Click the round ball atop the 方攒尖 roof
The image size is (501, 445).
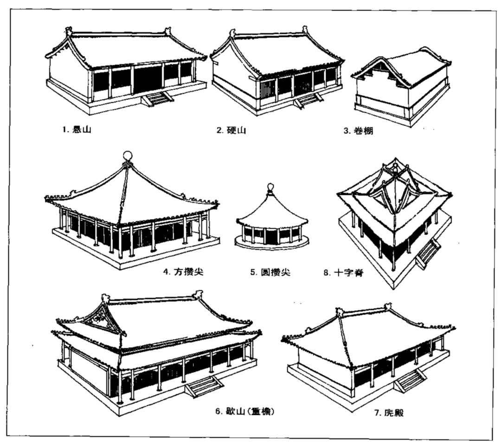click(128, 155)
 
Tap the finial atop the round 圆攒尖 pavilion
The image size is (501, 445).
click(269, 187)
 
